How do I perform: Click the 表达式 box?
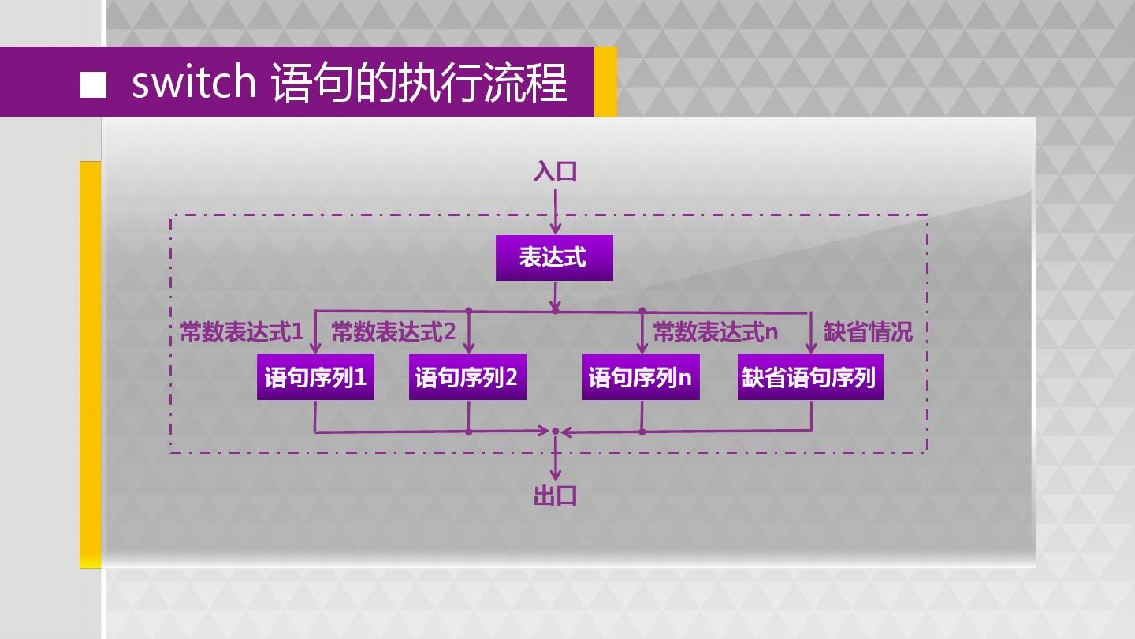click(553, 258)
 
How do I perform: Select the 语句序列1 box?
click(315, 378)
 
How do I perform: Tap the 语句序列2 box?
click(467, 378)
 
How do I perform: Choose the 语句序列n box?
click(641, 378)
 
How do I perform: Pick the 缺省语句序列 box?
click(809, 378)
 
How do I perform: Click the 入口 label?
click(555, 171)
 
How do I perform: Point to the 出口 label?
click(555, 495)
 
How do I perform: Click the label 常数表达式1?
click(241, 332)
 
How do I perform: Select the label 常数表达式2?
click(393, 332)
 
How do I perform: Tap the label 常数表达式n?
click(715, 332)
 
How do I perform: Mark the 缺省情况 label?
click(868, 332)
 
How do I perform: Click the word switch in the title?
click(193, 83)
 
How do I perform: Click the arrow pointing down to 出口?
click(556, 462)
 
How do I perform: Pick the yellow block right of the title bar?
click(605, 81)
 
